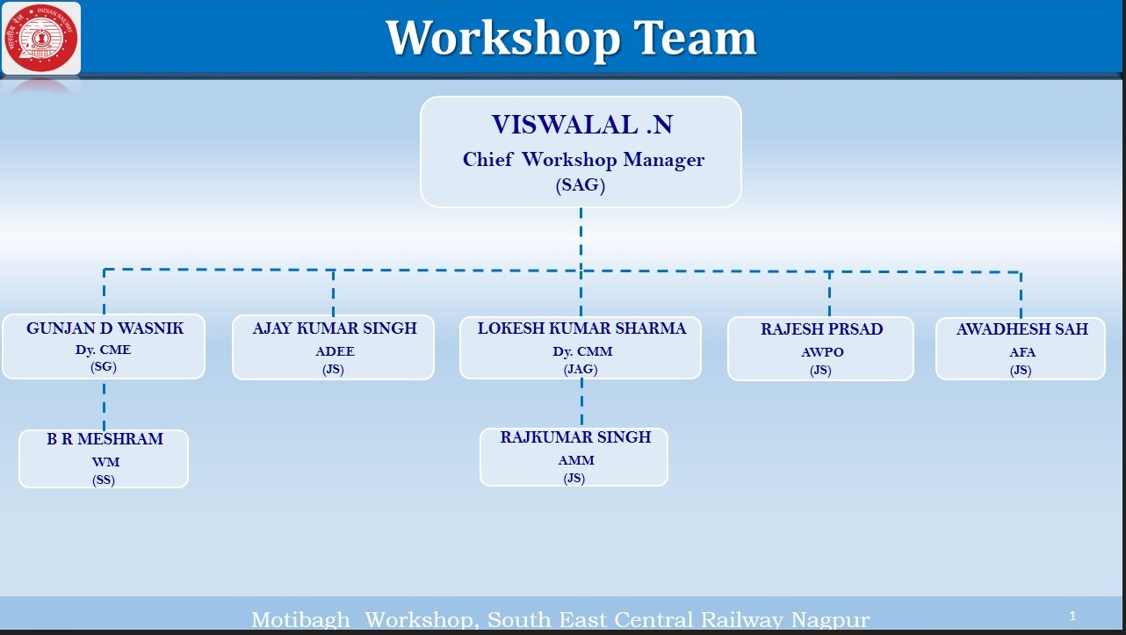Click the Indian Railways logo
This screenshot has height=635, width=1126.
pyautogui.click(x=40, y=38)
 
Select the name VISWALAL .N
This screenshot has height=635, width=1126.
pyautogui.click(x=582, y=125)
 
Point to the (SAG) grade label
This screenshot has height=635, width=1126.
pyautogui.click(x=580, y=185)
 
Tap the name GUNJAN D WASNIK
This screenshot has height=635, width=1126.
pyautogui.click(x=105, y=328)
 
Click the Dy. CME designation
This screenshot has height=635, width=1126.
pyautogui.click(x=103, y=350)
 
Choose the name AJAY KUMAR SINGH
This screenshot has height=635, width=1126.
pyautogui.click(x=335, y=328)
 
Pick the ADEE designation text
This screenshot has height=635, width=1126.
pyautogui.click(x=335, y=351)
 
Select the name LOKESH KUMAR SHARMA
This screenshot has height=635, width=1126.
pyautogui.click(x=581, y=328)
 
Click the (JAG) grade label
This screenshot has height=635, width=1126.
pyautogui.click(x=581, y=370)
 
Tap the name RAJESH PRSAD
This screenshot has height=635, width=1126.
pyautogui.click(x=821, y=329)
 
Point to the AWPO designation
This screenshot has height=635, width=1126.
pyautogui.click(x=822, y=352)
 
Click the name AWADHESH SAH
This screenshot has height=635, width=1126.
pyautogui.click(x=1022, y=329)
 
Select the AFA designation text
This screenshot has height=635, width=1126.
pyautogui.click(x=1022, y=352)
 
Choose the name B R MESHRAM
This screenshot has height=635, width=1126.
pyautogui.click(x=105, y=439)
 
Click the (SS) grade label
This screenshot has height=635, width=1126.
pyautogui.click(x=104, y=480)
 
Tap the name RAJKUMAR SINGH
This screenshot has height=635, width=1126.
pyautogui.click(x=575, y=437)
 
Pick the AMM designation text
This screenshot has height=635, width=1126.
pyautogui.click(x=576, y=460)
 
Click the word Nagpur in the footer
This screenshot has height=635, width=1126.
pyautogui.click(x=830, y=620)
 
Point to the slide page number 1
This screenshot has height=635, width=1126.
pyautogui.click(x=1072, y=616)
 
